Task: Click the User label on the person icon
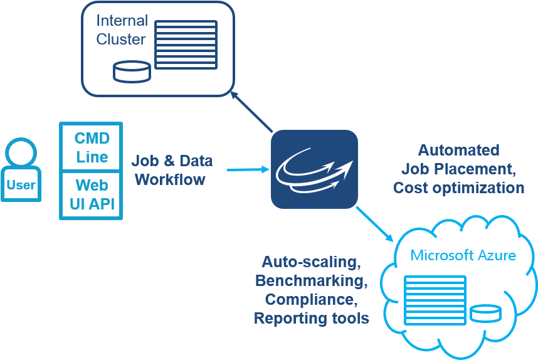(x=21, y=185)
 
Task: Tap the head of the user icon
(x=21, y=152)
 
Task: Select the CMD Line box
(x=92, y=147)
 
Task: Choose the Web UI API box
(x=92, y=194)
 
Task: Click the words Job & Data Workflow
(x=172, y=170)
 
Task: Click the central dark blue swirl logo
(x=314, y=169)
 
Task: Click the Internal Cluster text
(x=121, y=30)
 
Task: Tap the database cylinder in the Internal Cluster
(x=132, y=71)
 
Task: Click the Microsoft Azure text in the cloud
(x=463, y=255)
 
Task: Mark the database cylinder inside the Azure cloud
(x=485, y=312)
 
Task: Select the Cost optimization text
(x=458, y=188)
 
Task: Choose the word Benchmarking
(x=311, y=280)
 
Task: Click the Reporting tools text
(x=311, y=318)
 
